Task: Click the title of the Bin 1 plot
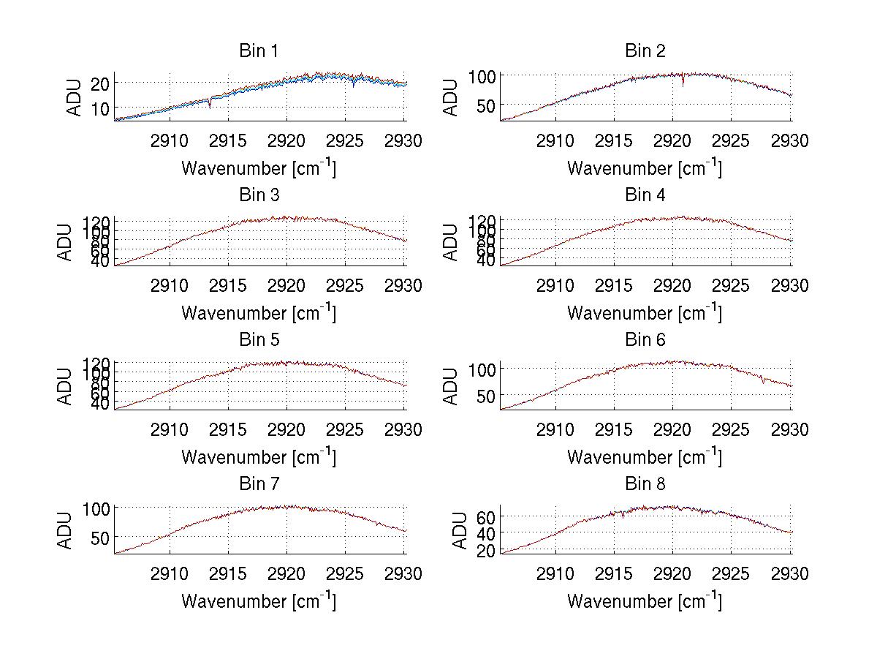click(259, 51)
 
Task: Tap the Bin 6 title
click(645, 340)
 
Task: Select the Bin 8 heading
click(645, 484)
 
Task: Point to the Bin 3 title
click(259, 196)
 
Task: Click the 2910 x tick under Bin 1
click(170, 140)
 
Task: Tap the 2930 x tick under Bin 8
click(790, 574)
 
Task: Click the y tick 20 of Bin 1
click(100, 83)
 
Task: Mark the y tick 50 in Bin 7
click(100, 537)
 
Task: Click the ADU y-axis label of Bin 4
click(452, 241)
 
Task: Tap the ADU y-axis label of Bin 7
click(66, 530)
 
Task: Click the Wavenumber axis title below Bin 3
click(259, 312)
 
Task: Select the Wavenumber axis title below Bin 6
click(645, 457)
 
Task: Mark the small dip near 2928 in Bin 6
click(764, 380)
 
